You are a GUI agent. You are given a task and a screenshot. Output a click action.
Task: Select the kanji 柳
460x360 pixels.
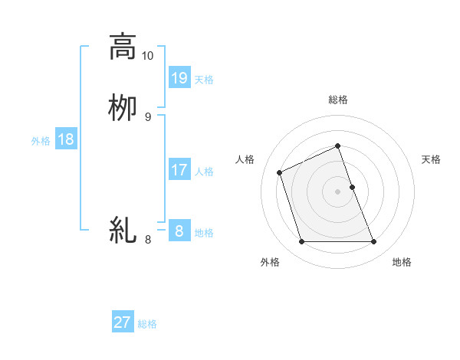[x=123, y=107]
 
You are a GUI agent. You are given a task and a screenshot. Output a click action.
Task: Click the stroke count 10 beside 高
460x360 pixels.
[x=147, y=56]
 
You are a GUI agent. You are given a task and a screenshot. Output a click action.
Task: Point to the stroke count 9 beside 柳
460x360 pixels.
[x=147, y=116]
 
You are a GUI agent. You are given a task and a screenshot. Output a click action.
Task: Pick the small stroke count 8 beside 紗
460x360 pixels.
[x=147, y=240]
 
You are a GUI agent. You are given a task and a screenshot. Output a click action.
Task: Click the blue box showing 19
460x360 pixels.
[x=179, y=77]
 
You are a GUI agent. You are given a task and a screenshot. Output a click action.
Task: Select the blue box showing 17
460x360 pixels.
[x=179, y=169]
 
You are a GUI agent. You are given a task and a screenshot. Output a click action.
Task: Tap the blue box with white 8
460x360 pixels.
[x=179, y=231]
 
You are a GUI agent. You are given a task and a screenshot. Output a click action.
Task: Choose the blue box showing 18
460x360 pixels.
[x=66, y=139]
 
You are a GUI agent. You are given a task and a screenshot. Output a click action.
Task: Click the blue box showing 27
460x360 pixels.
[x=123, y=322]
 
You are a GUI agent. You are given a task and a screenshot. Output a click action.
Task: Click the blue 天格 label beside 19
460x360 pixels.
[x=204, y=79]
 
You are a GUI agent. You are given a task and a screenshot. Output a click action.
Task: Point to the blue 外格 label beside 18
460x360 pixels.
[x=41, y=141]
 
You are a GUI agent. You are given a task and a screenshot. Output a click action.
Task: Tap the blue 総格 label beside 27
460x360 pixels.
[x=147, y=324]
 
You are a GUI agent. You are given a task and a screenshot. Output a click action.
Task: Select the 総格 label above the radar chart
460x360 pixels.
[x=338, y=100]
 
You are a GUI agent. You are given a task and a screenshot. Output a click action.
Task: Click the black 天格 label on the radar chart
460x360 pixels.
[x=432, y=159]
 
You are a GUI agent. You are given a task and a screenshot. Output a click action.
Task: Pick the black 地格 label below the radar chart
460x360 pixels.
[x=402, y=262]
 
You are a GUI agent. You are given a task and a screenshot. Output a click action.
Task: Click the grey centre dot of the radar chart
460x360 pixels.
[x=338, y=191]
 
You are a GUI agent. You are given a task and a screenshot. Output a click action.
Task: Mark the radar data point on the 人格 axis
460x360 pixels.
[x=280, y=172]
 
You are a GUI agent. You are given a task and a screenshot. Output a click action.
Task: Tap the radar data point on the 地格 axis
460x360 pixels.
[x=374, y=242]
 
